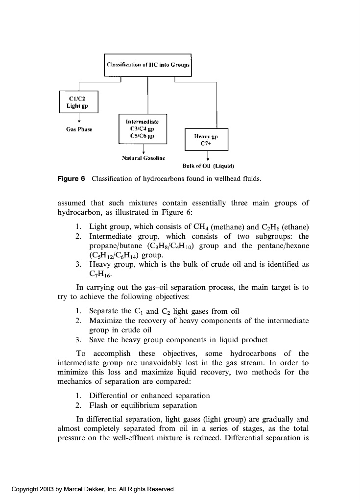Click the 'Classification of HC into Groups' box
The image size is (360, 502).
pos(147,65)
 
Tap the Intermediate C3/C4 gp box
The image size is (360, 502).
pos(143,128)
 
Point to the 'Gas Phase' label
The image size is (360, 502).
pos(79,129)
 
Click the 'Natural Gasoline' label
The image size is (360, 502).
pos(143,158)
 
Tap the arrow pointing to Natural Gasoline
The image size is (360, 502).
pos(143,149)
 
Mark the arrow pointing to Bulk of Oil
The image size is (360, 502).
pos(208,156)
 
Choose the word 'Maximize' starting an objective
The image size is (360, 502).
pos(104,321)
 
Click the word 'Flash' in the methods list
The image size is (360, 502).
pos(98,405)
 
